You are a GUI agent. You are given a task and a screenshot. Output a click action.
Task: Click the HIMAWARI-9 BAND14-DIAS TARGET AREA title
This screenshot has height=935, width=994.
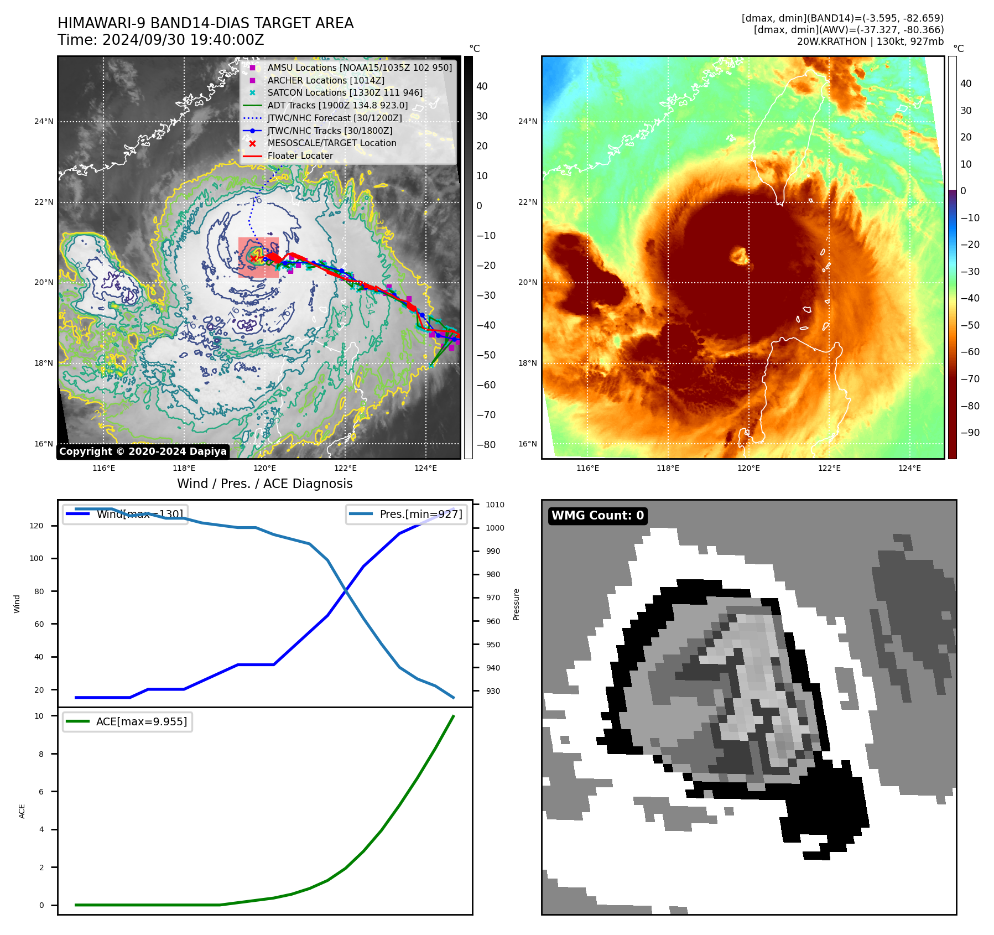pos(205,23)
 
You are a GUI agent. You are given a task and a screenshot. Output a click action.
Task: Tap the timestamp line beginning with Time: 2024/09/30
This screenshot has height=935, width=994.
pos(160,40)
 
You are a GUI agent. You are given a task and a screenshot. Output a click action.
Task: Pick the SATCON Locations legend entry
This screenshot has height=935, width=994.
pos(345,92)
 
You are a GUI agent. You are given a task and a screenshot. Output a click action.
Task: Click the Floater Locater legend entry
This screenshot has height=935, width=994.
pos(300,156)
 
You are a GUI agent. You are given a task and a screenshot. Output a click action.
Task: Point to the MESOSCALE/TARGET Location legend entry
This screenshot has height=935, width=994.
pos(331,143)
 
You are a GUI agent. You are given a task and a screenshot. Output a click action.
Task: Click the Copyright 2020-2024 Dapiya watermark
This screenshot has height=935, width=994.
pos(143,451)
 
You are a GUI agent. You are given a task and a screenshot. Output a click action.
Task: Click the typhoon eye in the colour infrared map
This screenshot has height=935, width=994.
pos(739,256)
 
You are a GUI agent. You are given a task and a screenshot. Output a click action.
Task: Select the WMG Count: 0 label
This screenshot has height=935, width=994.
pos(597,516)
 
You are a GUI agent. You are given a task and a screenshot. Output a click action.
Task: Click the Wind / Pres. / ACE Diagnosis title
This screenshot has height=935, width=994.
pos(264,484)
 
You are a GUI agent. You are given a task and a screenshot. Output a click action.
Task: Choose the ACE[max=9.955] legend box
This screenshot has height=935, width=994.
pos(127,721)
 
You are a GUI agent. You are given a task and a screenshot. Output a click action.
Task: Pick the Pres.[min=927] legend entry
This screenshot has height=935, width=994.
pos(407,514)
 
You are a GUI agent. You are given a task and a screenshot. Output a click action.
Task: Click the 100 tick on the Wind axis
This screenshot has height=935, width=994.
pos(36,558)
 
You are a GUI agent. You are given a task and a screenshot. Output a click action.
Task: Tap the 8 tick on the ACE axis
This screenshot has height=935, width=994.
pos(41,754)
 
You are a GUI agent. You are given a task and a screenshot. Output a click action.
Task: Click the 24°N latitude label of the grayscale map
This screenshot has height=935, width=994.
pos(44,122)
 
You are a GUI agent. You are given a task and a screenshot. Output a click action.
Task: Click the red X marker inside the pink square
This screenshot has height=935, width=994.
pos(253,258)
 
